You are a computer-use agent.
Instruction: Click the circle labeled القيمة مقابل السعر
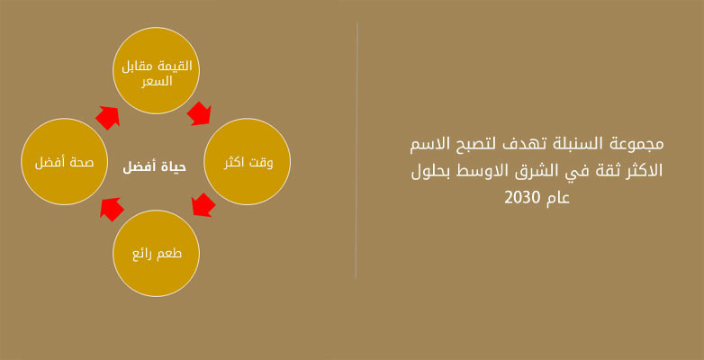156,70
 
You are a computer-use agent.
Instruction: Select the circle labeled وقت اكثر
247,162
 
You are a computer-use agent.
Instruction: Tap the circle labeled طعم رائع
156,253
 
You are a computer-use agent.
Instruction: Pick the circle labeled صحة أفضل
65,162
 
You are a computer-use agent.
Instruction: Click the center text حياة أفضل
155,167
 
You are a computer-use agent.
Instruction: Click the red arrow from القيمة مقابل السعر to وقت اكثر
199,113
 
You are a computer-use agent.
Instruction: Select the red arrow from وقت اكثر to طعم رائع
203,205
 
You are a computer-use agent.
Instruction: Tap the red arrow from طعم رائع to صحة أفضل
112,210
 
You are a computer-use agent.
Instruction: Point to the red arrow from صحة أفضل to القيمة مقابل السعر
108,118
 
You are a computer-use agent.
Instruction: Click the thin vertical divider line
357,150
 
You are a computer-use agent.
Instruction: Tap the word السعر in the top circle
157,82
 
